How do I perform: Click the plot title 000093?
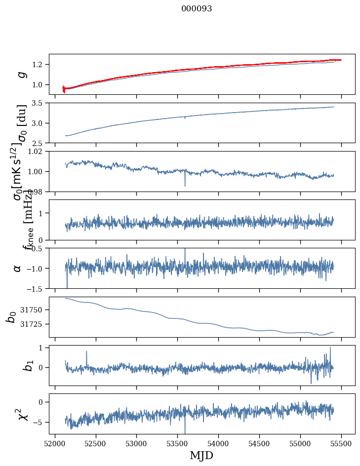tap(197, 9)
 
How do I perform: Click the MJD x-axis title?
tap(201, 455)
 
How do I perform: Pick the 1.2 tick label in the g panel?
tap(38, 65)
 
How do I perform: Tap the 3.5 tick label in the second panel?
tap(38, 103)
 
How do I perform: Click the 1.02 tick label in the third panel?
tap(36, 152)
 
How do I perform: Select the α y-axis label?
tap(18, 268)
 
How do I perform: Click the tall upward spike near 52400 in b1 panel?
tap(86, 352)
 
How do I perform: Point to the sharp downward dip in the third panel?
tap(185, 186)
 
